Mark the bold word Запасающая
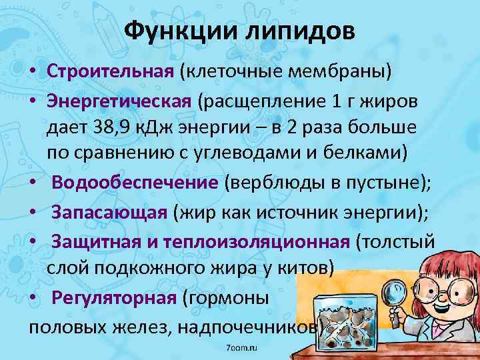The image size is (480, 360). click(109, 213)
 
